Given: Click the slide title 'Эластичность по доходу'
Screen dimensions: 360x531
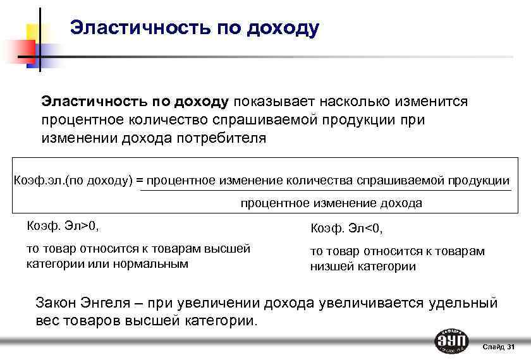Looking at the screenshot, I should (195, 28).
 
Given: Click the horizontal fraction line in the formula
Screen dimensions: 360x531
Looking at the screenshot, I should (325, 190).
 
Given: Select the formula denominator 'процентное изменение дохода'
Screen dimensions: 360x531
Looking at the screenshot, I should (331, 203).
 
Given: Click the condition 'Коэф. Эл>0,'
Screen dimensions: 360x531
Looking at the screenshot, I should (63, 224).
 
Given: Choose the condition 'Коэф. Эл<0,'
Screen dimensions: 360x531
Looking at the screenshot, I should (347, 228).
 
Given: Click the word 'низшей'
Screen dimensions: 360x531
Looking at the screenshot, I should (330, 266).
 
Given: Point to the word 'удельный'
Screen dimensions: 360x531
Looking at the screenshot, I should (463, 303).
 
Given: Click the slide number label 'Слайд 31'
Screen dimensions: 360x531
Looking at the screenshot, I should (499, 347).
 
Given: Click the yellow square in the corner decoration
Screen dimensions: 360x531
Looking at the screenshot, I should (37, 32).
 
